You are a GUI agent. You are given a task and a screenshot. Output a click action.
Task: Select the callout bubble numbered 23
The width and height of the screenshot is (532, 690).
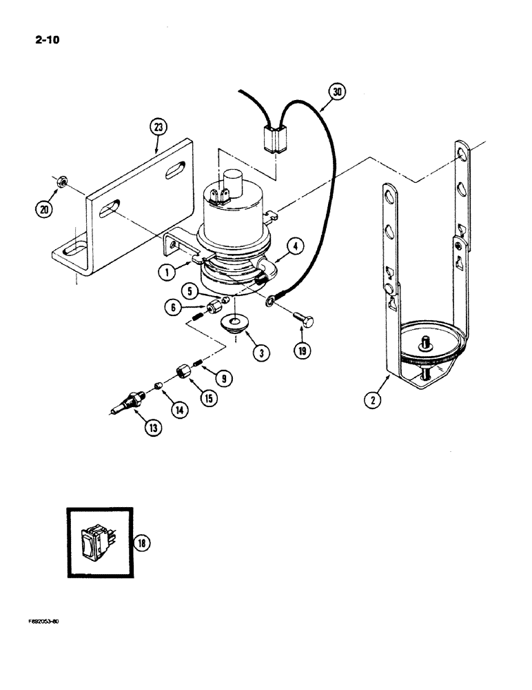(158, 128)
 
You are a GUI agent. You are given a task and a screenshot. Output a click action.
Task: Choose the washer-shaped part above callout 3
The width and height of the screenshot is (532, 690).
(236, 323)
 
